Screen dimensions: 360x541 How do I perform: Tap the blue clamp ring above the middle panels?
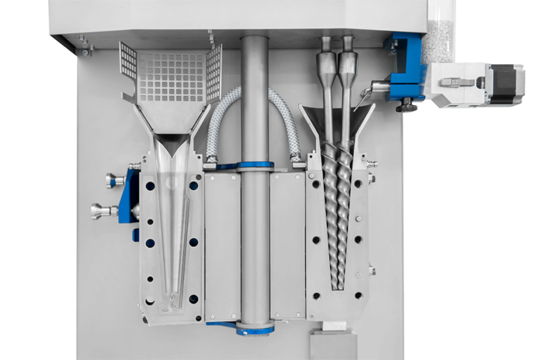[255, 165]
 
